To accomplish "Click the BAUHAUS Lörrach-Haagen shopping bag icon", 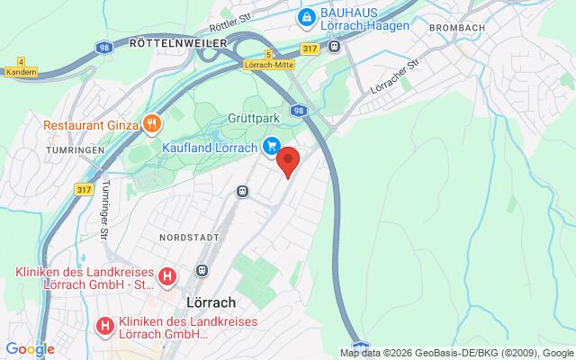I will [x=307, y=16].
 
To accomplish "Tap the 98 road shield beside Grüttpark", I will [x=298, y=110].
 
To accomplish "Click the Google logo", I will [x=30, y=349].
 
